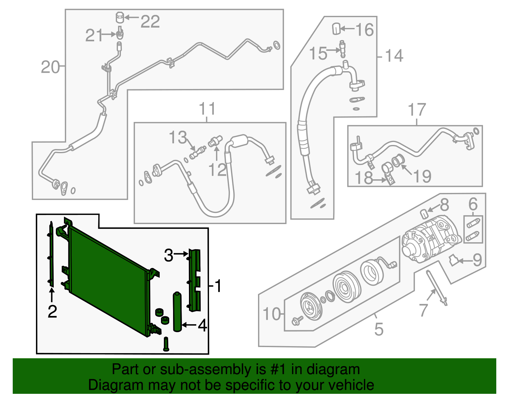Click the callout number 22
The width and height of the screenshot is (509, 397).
(x=150, y=22)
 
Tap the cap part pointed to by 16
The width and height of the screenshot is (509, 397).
(x=336, y=29)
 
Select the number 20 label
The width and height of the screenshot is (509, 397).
(x=50, y=67)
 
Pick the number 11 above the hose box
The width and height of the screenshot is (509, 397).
(x=207, y=109)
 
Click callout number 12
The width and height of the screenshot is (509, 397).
(x=218, y=170)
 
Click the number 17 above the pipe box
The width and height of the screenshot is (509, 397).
(x=417, y=110)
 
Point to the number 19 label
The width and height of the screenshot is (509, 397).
(x=422, y=176)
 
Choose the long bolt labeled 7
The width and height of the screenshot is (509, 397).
(x=437, y=286)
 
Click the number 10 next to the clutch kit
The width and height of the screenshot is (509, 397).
(x=272, y=314)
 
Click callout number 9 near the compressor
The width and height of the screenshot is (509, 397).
(x=477, y=260)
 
